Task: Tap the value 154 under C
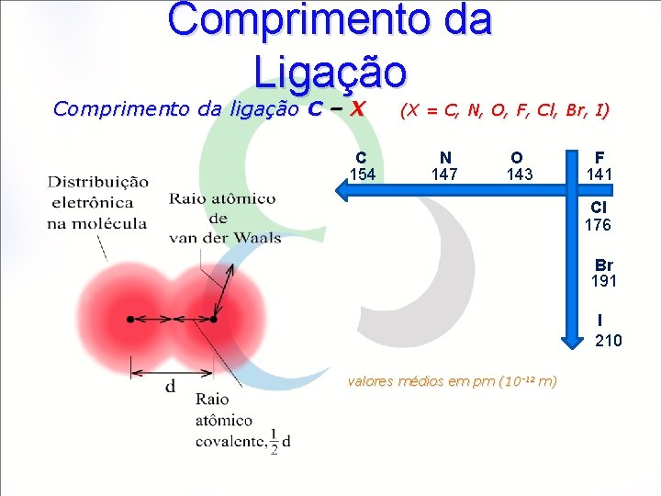click(x=362, y=175)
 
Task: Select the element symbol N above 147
click(x=445, y=158)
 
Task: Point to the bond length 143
click(x=520, y=175)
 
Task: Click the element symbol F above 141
click(x=599, y=158)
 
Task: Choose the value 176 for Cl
click(x=598, y=225)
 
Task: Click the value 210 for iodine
click(x=608, y=341)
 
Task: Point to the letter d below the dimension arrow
click(x=171, y=387)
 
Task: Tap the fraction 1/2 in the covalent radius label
click(x=274, y=442)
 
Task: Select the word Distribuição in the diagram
click(x=99, y=182)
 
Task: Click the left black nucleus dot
click(x=130, y=319)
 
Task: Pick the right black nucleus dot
click(x=213, y=319)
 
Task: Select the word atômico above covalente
click(x=223, y=420)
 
